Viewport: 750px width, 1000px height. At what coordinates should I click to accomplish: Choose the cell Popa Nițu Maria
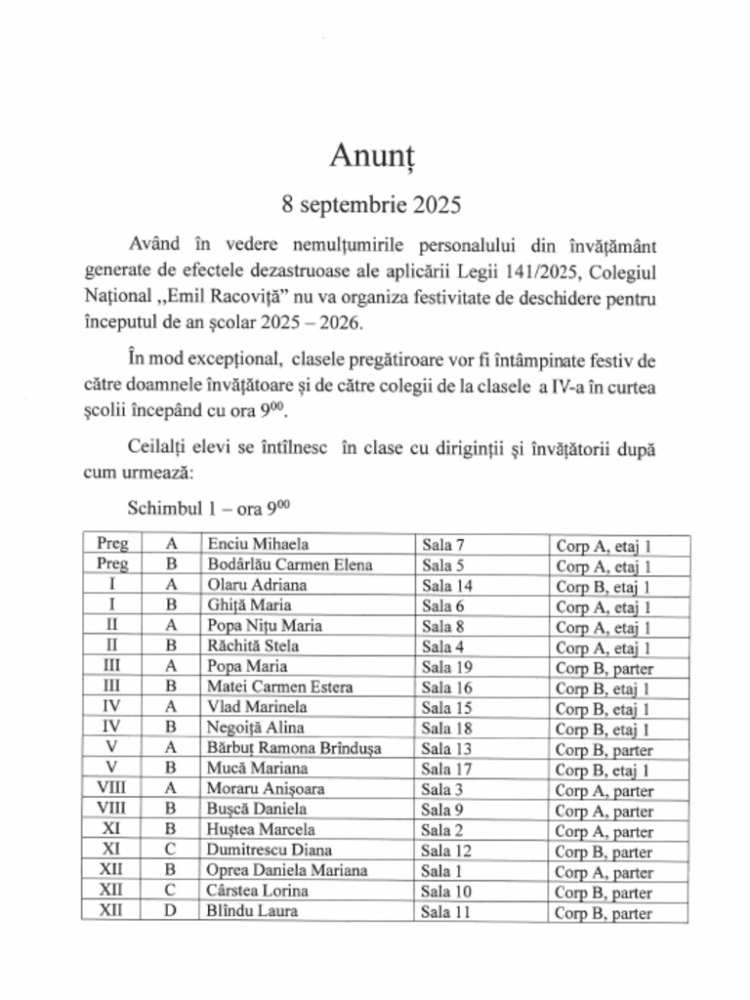pyautogui.click(x=264, y=626)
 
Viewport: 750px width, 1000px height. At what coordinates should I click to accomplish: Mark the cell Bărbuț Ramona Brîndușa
pyautogui.click(x=293, y=748)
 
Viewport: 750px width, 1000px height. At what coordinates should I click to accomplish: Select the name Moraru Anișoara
pyautogui.click(x=265, y=789)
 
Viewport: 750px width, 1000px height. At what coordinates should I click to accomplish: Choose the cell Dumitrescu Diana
pyautogui.click(x=269, y=851)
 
